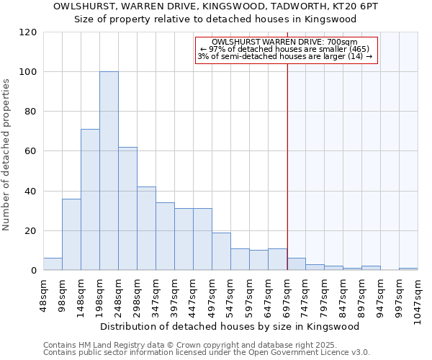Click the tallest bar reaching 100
pos(109,171)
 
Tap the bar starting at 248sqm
pos(127,209)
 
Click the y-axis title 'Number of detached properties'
pos(7,156)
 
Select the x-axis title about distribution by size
pos(229,326)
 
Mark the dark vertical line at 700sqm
pos(287,166)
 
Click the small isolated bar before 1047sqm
pos(408,269)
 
